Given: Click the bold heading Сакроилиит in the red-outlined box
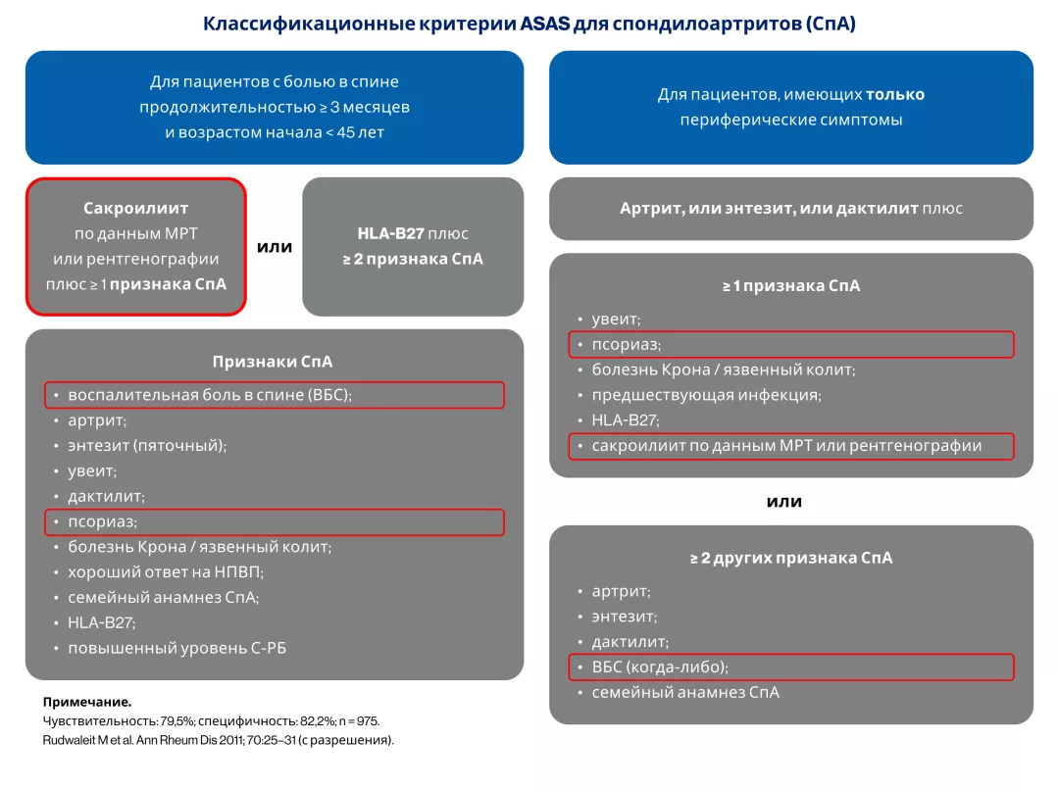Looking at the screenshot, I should pyautogui.click(x=136, y=208).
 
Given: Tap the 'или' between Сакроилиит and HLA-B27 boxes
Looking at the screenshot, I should pyautogui.click(x=275, y=247).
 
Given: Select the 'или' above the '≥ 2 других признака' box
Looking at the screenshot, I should pyautogui.click(x=783, y=501).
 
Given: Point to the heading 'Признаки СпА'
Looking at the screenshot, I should pyautogui.click(x=273, y=362).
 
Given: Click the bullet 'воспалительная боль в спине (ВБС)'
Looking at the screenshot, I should pyautogui.click(x=209, y=395).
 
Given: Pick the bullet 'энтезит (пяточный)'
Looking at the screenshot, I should pyautogui.click(x=147, y=445).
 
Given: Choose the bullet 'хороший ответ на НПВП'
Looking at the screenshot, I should pyautogui.click(x=166, y=572).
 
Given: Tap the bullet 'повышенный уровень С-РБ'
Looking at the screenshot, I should pyautogui.click(x=176, y=648).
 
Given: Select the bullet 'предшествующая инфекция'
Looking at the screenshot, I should pyautogui.click(x=706, y=395).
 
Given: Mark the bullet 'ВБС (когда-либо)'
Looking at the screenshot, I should pyautogui.click(x=660, y=667).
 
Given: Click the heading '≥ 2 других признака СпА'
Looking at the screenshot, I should pyautogui.click(x=791, y=558).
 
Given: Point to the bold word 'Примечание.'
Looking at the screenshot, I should pyautogui.click(x=87, y=702).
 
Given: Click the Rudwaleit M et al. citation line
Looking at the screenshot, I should pyautogui.click(x=218, y=740).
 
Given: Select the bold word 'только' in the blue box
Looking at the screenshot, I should pyautogui.click(x=894, y=95).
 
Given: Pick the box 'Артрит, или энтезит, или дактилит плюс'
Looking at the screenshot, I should pyautogui.click(x=790, y=209).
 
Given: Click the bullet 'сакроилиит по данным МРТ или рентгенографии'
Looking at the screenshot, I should pyautogui.click(x=786, y=446).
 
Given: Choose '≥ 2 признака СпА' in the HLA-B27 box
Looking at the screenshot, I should pyautogui.click(x=412, y=260).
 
